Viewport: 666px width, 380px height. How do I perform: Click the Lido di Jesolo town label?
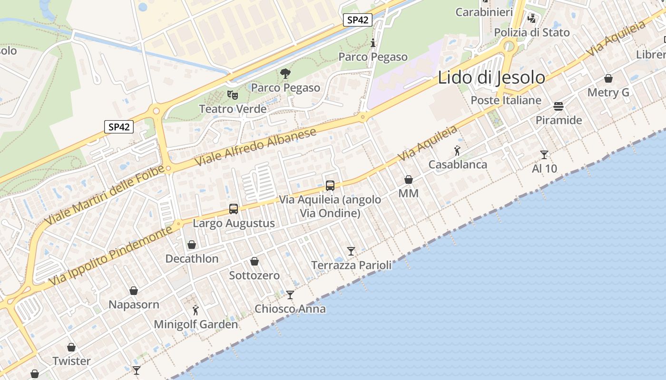[x=491, y=77]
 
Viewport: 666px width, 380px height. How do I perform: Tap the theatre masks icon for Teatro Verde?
[x=232, y=95]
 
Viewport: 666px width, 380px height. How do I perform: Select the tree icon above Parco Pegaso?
[x=285, y=74]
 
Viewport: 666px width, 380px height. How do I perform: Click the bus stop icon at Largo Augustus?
[x=234, y=209]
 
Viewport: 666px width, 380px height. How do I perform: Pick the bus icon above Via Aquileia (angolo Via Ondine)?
[x=330, y=185]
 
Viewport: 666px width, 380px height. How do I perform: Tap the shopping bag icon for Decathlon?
[x=192, y=245]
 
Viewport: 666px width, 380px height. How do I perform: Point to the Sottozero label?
[x=255, y=275]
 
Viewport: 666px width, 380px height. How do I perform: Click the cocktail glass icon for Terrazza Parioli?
[x=351, y=251]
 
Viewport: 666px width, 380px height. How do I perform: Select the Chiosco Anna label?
[x=290, y=309]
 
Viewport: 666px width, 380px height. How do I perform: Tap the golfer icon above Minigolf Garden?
[x=196, y=310]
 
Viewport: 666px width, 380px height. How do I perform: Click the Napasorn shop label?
[x=134, y=304]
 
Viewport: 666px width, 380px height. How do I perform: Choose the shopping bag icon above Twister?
[x=71, y=347]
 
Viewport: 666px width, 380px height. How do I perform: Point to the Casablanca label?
[x=458, y=164]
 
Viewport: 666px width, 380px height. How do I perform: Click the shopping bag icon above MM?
[x=408, y=180]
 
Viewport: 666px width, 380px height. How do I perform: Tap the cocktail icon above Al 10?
[x=544, y=154]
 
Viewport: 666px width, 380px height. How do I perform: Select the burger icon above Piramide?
[x=558, y=106]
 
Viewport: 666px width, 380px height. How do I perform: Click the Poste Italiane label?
[x=506, y=100]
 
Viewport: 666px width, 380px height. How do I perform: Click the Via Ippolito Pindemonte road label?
[x=110, y=257]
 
